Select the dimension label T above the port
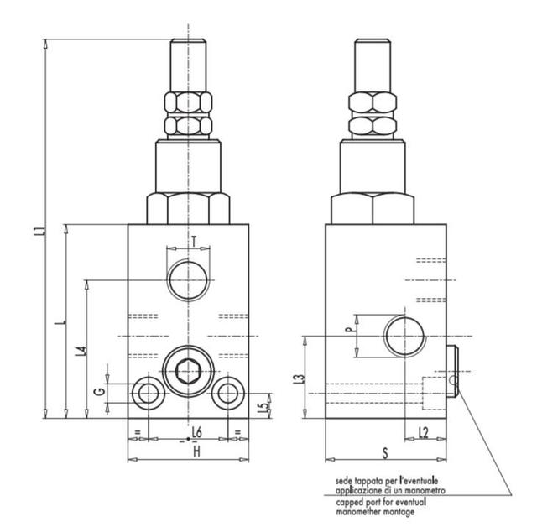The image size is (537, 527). [x=194, y=241]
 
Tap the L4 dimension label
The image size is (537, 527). [x=81, y=351]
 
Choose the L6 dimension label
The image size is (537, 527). [x=196, y=432]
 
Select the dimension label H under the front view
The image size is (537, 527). [x=196, y=452]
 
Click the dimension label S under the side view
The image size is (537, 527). [x=385, y=453]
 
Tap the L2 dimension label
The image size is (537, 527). [x=424, y=433]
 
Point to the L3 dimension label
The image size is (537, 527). [x=299, y=378]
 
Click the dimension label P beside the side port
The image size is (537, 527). [x=348, y=330]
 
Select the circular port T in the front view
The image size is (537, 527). [x=188, y=279]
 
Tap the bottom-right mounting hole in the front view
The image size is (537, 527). [x=228, y=393]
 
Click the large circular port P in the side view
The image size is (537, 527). [x=404, y=337]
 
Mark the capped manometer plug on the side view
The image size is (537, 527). [x=452, y=372]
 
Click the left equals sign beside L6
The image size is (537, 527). [x=138, y=432]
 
